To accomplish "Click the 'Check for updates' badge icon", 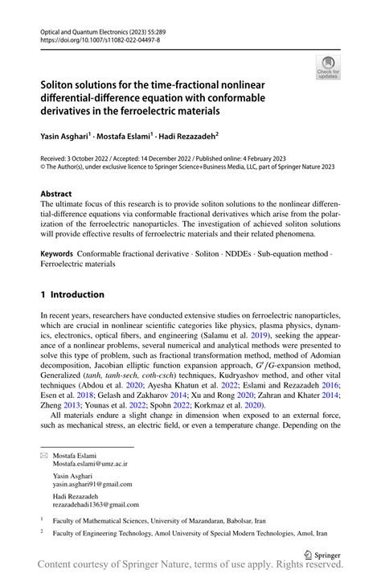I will click(x=330, y=67).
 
